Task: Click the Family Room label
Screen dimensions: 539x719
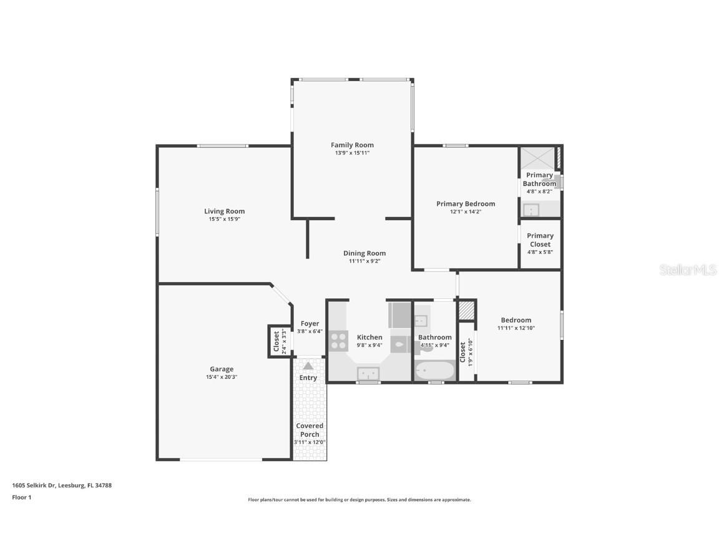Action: click(352, 145)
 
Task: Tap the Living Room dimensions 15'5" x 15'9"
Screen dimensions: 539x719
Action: click(224, 219)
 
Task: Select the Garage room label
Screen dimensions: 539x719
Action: click(222, 369)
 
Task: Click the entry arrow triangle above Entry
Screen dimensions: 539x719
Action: click(308, 366)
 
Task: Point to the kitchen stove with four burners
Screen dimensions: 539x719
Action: click(338, 341)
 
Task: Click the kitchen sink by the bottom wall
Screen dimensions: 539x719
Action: click(369, 373)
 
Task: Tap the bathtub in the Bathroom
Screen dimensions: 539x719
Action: click(434, 371)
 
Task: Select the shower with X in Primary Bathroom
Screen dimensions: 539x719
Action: click(537, 158)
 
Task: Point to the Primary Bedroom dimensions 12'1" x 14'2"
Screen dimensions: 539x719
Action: click(466, 211)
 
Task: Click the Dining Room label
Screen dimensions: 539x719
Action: click(364, 253)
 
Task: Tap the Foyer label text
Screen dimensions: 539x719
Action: click(310, 323)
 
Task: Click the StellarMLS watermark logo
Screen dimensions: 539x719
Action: click(688, 269)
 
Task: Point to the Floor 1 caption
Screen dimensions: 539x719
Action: click(21, 497)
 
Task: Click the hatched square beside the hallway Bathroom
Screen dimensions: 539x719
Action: click(467, 310)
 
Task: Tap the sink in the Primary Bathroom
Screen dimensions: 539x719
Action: click(531, 210)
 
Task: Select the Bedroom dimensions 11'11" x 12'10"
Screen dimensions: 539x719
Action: click(516, 328)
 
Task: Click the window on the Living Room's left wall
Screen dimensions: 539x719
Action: click(157, 212)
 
